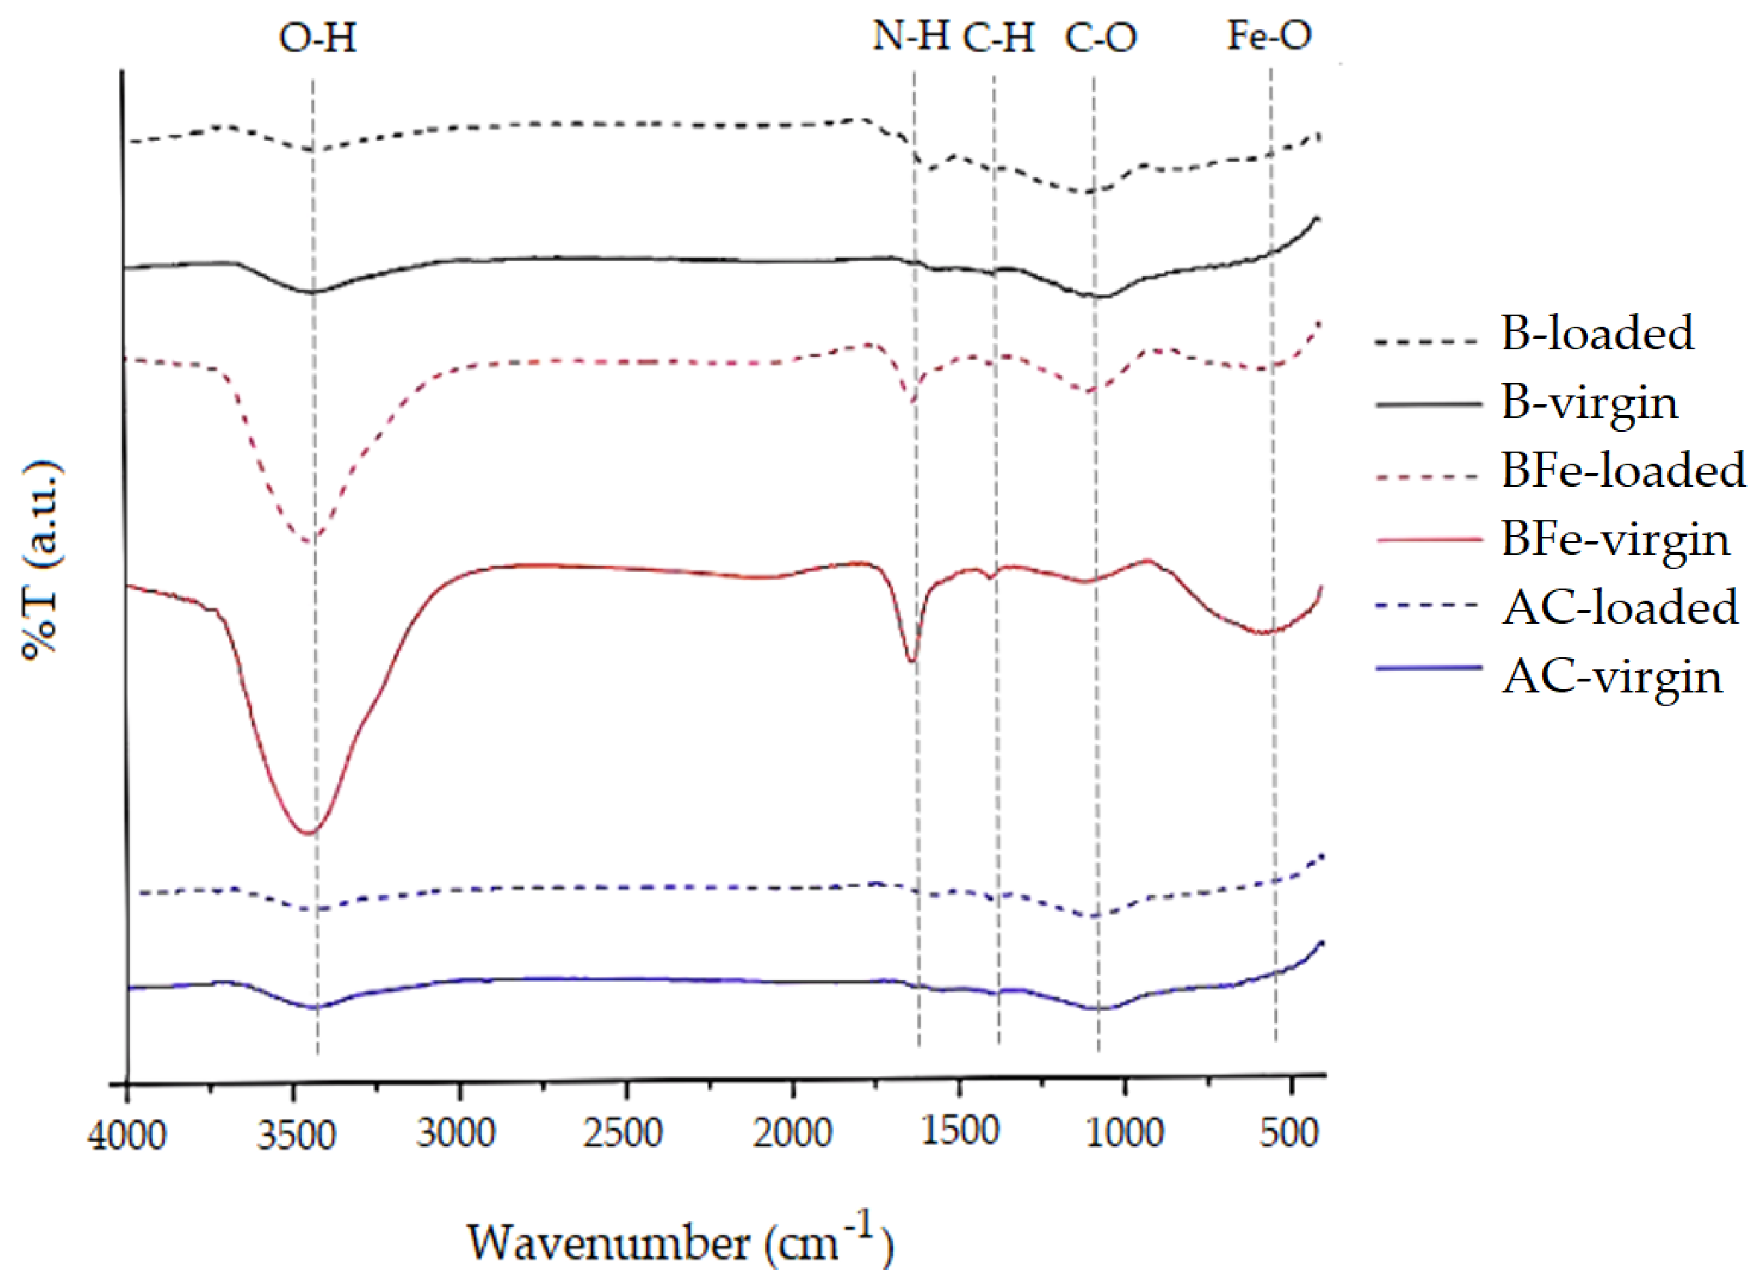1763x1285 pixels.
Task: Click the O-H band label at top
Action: (x=318, y=37)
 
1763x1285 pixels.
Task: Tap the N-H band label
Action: (x=911, y=35)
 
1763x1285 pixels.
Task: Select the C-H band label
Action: (x=1000, y=37)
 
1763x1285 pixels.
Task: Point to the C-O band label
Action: (x=1101, y=37)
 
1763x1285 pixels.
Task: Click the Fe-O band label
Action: (x=1269, y=35)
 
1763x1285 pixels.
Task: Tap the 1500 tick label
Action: (x=959, y=1132)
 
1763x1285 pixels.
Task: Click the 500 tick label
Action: (x=1289, y=1133)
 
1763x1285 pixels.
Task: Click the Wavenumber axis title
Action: (x=680, y=1243)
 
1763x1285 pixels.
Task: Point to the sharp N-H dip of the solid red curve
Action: (x=912, y=661)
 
